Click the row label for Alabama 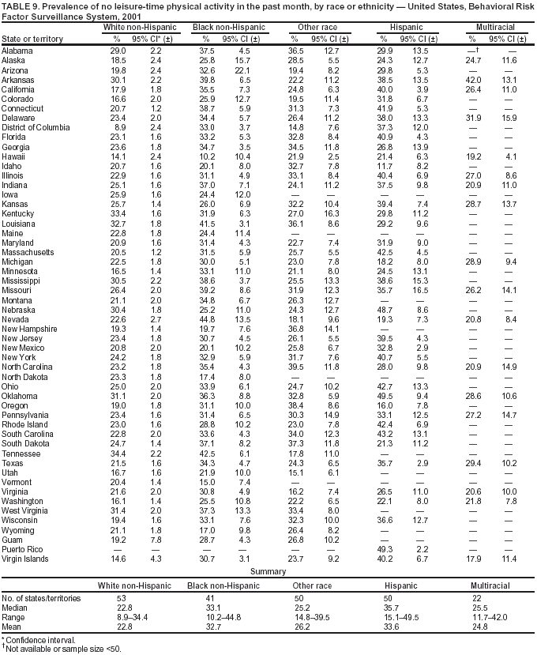coord(18,50)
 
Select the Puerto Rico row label coord(24,548)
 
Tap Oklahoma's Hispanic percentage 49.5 coord(385,395)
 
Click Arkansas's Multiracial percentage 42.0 coord(472,81)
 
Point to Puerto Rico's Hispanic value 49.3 coord(385,548)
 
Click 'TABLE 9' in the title coord(21,6)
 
